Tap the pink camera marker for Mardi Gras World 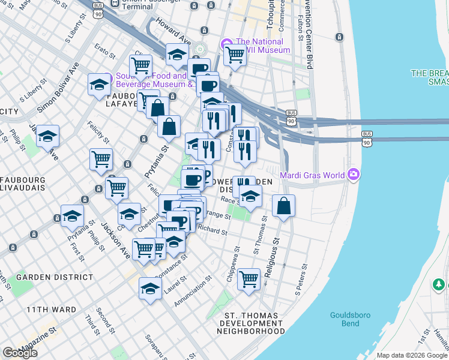[355, 175]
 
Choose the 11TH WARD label [51, 310]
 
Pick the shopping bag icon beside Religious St [283, 206]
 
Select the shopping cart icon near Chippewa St [249, 278]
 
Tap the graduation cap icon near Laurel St [150, 289]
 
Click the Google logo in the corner [20, 353]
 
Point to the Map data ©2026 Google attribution [411, 355]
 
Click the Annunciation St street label [193, 292]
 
